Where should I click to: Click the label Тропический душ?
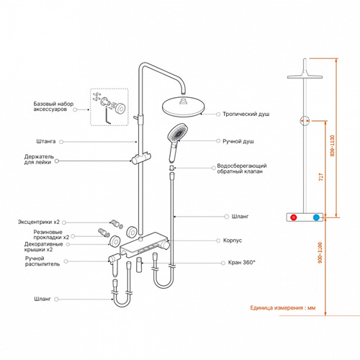click(246, 114)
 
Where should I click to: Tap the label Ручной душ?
click(238, 141)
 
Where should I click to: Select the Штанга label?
click(46, 141)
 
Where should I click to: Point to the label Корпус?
click(233, 240)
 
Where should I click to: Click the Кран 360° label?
click(241, 262)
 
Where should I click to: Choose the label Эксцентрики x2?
click(39, 222)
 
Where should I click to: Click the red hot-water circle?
click(293, 217)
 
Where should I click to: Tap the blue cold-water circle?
click(316, 217)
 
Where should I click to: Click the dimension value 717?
click(321, 177)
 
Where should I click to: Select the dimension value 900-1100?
click(320, 253)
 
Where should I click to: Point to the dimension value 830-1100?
click(332, 145)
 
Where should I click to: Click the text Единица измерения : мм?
click(283, 307)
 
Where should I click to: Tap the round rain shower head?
click(184, 107)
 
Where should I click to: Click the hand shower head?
click(177, 133)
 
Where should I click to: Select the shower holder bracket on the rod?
click(141, 158)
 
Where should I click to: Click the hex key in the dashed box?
click(108, 116)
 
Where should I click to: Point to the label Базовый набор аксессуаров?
click(53, 107)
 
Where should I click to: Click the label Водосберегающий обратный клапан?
click(242, 168)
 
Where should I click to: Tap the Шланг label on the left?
click(42, 299)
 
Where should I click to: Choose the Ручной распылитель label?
click(42, 261)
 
